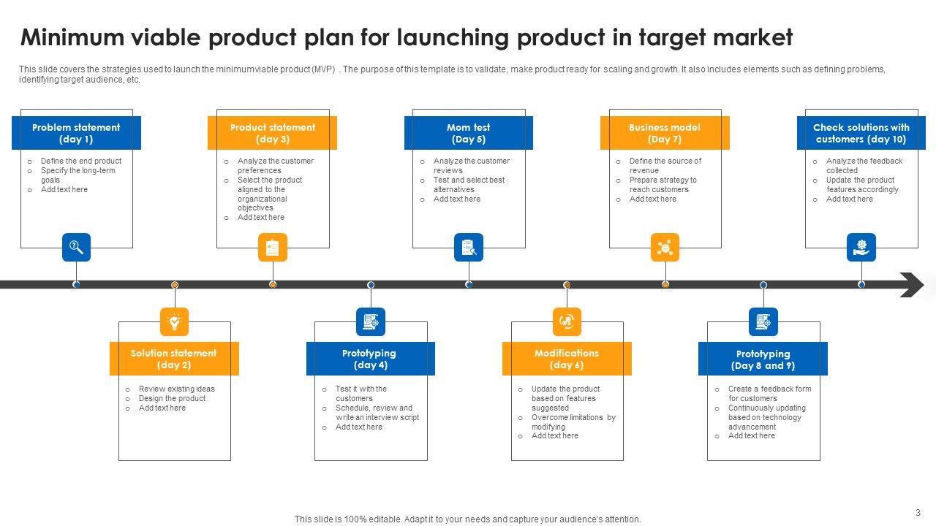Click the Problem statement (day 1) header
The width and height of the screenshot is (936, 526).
[x=76, y=133]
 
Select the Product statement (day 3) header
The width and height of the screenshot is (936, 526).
[x=272, y=133]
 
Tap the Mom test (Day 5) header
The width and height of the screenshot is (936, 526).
[x=468, y=133]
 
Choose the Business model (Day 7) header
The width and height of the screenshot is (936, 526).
[x=665, y=133]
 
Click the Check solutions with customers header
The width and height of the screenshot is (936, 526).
[x=861, y=133]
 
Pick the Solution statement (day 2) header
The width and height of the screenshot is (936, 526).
[x=174, y=359]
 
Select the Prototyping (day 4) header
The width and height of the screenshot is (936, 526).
[x=370, y=359]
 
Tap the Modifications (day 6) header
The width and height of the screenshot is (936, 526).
[x=567, y=359]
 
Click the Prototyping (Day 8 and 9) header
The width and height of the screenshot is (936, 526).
[x=763, y=359]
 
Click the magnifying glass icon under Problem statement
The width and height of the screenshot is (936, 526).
[x=76, y=248]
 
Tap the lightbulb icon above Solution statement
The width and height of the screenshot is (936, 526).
[x=174, y=321]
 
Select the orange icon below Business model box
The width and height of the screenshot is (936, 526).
[x=665, y=248]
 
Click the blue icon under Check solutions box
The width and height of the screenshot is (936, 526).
[x=861, y=248]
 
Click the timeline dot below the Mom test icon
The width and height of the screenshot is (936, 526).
[x=469, y=284]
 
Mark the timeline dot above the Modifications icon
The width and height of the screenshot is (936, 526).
[x=567, y=285]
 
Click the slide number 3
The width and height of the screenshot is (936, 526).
[x=918, y=513]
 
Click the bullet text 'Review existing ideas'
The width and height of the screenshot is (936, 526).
[x=176, y=389]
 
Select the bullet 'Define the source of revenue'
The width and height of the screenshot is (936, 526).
[x=665, y=165]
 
